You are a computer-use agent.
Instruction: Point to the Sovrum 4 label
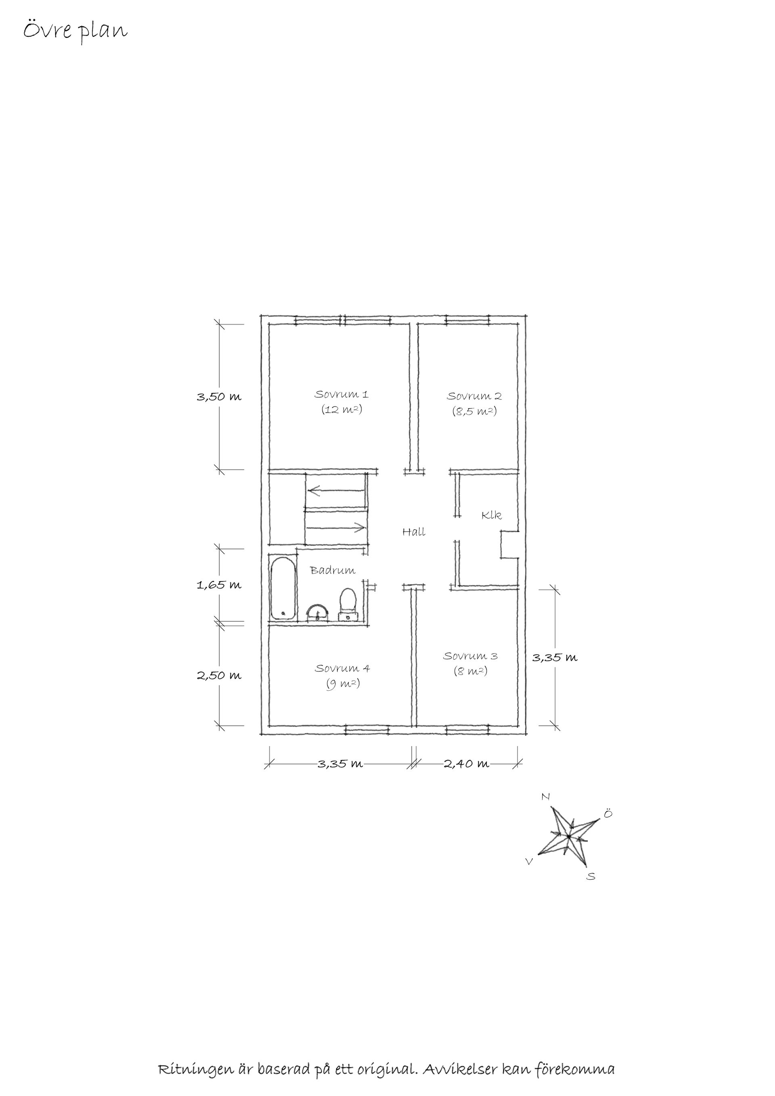(x=342, y=668)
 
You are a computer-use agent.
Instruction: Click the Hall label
(x=414, y=532)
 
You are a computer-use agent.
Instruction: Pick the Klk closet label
(x=492, y=515)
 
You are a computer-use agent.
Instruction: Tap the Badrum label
(x=333, y=570)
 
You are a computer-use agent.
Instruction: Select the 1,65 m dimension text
(x=219, y=585)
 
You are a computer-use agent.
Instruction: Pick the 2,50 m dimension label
(x=219, y=675)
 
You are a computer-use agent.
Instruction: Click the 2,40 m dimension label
(x=466, y=764)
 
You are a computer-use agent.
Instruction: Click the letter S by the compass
(x=591, y=876)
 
